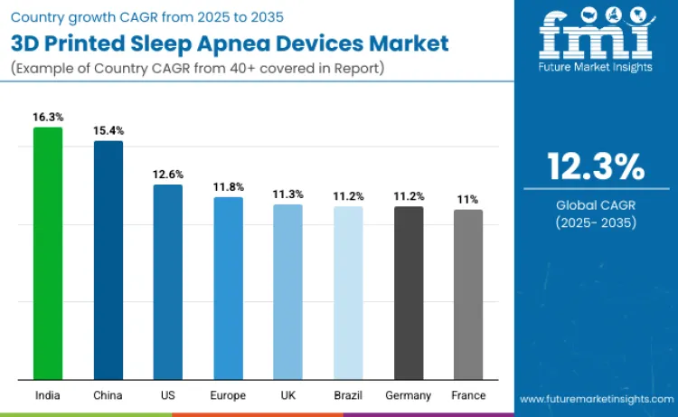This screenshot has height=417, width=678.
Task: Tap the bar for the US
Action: tap(168, 282)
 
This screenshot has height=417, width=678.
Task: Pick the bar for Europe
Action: tap(228, 289)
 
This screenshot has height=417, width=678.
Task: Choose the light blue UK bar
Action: tap(288, 292)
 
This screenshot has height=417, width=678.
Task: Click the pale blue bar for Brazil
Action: tap(348, 293)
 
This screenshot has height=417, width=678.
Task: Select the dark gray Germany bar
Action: tap(409, 293)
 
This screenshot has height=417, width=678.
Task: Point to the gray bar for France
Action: tap(468, 295)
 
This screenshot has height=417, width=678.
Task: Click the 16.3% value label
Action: tap(48, 117)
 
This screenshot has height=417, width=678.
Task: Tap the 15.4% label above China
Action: tap(108, 130)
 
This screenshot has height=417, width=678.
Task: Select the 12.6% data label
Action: tap(168, 174)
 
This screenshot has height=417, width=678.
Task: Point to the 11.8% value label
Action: tap(228, 186)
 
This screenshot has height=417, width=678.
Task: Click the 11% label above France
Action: tap(468, 199)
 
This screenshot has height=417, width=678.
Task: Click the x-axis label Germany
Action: tap(409, 395)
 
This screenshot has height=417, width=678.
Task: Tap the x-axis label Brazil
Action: tap(348, 395)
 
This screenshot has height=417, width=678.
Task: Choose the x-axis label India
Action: tap(48, 395)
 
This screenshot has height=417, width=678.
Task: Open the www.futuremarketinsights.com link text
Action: tap(596, 398)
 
